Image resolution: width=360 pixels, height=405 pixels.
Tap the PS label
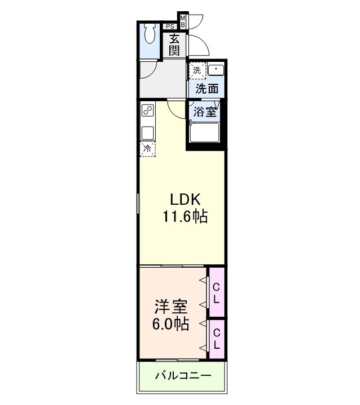(169, 25)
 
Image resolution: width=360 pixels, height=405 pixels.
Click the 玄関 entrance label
(175, 44)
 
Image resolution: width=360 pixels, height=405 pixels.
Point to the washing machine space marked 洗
(197, 70)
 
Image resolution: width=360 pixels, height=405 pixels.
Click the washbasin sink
(215, 70)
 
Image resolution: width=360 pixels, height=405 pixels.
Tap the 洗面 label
(206, 88)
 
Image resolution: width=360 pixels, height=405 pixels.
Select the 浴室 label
(204, 111)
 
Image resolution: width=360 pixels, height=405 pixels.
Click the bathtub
(204, 133)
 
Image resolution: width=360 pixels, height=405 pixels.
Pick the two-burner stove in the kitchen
(148, 110)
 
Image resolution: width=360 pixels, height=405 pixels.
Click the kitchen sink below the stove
(148, 133)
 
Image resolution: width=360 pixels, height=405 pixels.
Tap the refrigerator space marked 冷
(147, 148)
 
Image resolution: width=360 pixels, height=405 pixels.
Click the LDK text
(186, 199)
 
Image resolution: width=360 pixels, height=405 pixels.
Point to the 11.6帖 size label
(185, 215)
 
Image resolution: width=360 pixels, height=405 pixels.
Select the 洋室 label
(172, 307)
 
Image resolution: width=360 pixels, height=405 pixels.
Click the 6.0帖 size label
(171, 324)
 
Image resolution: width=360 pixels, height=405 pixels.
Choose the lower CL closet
(216, 337)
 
